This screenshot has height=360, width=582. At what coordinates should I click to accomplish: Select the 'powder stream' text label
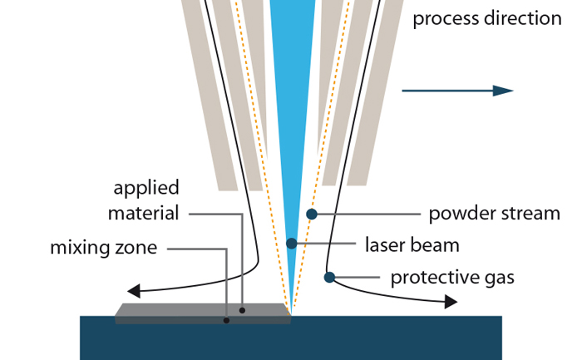(x=494, y=214)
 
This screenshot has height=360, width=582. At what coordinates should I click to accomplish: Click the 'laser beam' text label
(x=412, y=245)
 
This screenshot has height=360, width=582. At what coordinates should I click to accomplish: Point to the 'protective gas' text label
(x=452, y=277)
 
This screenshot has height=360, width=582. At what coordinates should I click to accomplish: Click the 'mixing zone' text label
(x=103, y=248)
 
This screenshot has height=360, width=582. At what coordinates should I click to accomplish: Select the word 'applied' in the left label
(x=146, y=187)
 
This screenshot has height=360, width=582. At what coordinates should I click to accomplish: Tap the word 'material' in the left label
(x=143, y=214)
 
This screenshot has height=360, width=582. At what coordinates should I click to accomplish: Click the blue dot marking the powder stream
(x=312, y=214)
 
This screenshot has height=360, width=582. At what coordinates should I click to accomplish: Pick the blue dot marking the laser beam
(x=291, y=244)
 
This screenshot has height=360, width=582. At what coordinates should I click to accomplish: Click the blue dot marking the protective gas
(x=329, y=277)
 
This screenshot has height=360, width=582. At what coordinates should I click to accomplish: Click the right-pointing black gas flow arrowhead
(x=451, y=302)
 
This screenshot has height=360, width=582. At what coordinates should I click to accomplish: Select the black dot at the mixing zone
(x=226, y=320)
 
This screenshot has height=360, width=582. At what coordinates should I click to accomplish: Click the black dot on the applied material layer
(x=242, y=310)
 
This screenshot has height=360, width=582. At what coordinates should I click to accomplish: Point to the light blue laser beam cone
(x=292, y=83)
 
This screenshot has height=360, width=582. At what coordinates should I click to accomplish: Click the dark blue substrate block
(x=291, y=341)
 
